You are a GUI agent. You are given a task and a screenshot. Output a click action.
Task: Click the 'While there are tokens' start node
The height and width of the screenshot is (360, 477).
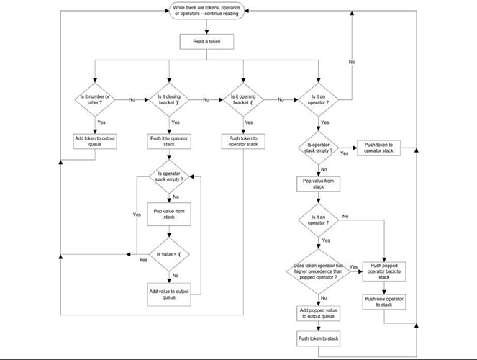[207, 11]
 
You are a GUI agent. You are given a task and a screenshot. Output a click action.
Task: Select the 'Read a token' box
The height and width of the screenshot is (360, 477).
[207, 42]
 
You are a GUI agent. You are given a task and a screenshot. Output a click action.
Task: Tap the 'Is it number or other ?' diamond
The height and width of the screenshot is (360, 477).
[95, 100]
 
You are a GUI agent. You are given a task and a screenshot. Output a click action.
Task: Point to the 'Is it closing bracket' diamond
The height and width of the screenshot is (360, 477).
[169, 100]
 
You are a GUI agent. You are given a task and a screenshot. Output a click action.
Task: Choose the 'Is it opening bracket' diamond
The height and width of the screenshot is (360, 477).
[243, 100]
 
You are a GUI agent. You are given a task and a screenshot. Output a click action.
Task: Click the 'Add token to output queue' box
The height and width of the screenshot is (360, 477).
[95, 142]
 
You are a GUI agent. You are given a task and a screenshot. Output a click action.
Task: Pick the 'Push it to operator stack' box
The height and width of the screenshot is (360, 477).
[169, 142]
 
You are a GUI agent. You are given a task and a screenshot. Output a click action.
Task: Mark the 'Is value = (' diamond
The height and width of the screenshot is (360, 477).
[169, 254]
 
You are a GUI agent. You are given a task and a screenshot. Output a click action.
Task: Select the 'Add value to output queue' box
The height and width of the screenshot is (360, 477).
[169, 294]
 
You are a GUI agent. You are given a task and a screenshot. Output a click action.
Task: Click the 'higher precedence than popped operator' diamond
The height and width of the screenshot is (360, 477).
[319, 271]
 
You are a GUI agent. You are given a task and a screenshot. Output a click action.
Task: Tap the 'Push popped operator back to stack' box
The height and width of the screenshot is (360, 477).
[384, 271]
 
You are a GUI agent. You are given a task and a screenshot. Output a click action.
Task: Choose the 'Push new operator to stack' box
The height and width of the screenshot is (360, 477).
[384, 302]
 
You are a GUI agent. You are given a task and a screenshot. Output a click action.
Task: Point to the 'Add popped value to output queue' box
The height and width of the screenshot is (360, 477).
[319, 313]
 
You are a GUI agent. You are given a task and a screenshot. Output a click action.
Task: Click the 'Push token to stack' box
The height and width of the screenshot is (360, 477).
[319, 338]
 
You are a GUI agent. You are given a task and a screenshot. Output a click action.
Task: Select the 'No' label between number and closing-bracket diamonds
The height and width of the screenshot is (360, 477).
[132, 99]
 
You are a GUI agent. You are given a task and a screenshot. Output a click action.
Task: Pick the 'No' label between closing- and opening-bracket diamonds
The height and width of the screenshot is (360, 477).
[206, 99]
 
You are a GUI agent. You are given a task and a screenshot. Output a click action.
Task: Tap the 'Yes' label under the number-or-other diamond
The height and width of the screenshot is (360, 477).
[101, 122]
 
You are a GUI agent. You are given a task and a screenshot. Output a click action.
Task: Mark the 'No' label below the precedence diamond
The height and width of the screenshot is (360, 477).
[324, 298]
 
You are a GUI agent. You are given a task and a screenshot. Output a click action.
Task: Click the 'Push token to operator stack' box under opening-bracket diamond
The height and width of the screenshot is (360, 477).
[243, 142]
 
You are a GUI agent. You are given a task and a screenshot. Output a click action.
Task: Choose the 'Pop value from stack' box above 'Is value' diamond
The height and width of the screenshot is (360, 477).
[169, 215]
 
